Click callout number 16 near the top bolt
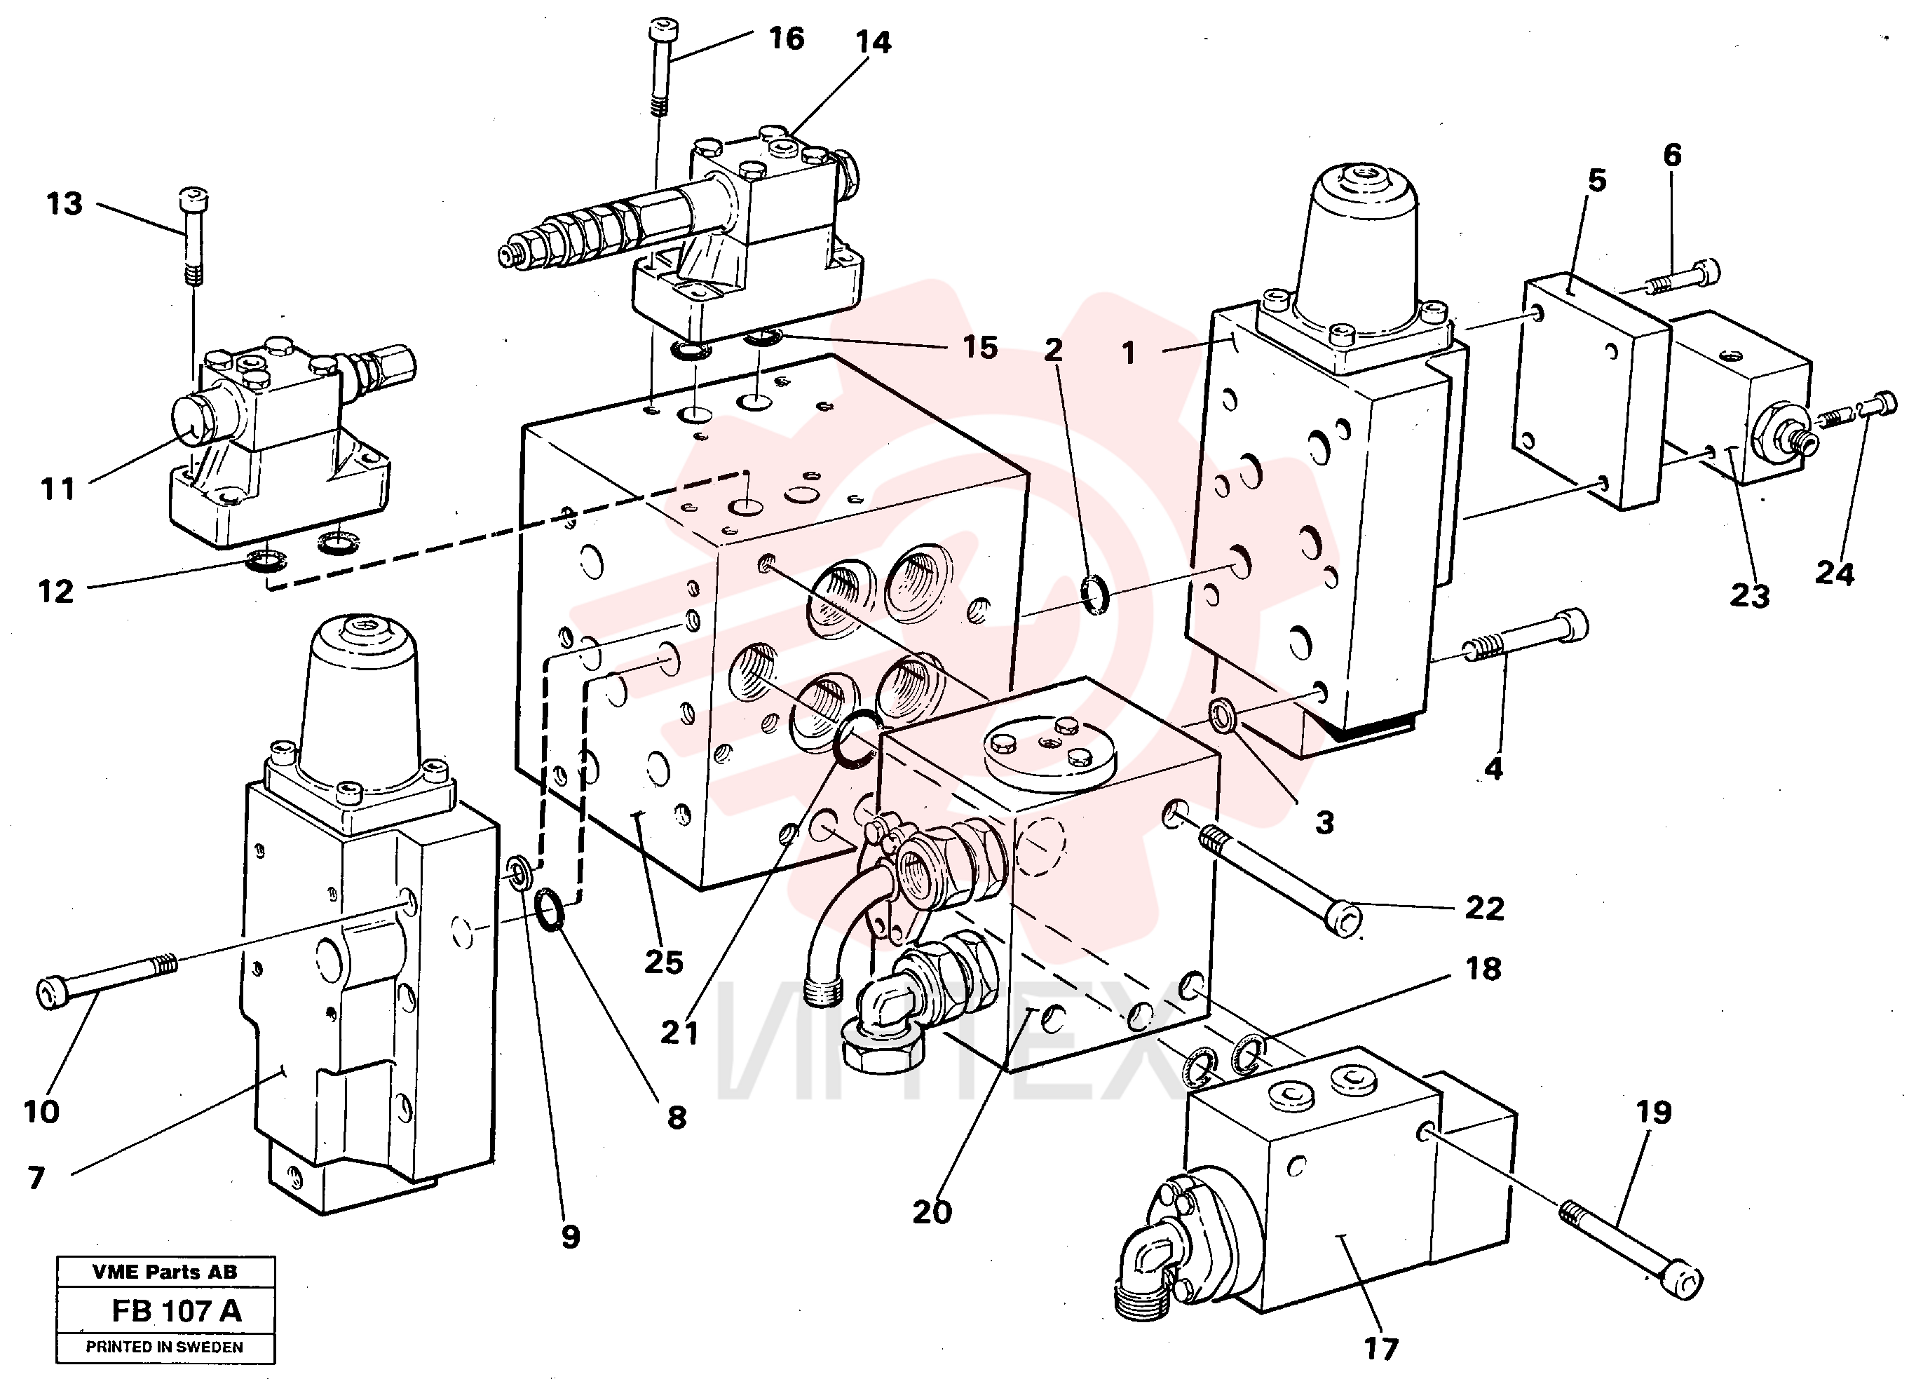[x=786, y=39]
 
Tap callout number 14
[x=873, y=42]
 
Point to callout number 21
[x=679, y=1033]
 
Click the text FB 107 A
[x=177, y=1311]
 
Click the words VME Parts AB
[x=165, y=1272]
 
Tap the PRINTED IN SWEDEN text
[x=165, y=1347]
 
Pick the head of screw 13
[x=193, y=201]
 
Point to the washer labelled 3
[x=1221, y=715]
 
